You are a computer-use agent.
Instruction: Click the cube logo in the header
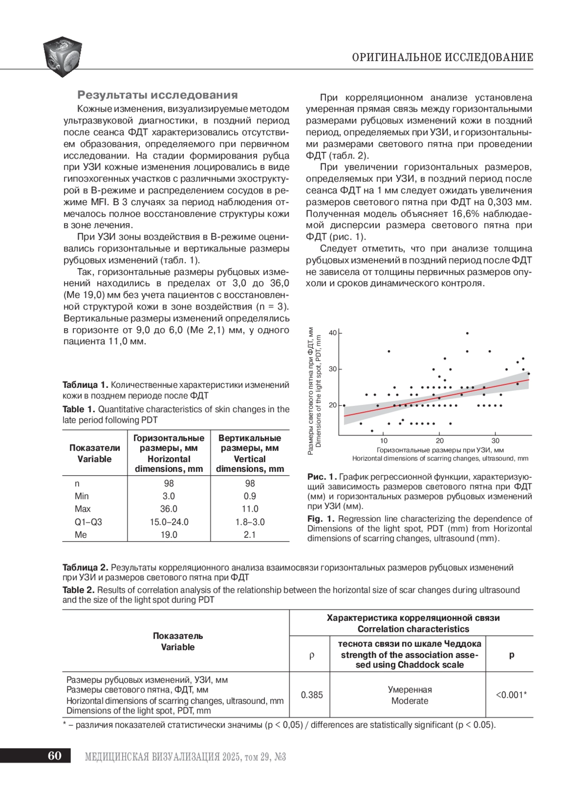click(x=62, y=56)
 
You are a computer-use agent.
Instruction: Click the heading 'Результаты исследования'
click(x=158, y=95)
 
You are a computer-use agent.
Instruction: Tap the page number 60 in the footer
click(x=55, y=756)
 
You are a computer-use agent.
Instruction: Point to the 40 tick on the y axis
click(x=333, y=333)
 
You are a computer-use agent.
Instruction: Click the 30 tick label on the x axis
click(x=495, y=441)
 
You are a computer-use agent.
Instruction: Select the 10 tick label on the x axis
click(x=384, y=441)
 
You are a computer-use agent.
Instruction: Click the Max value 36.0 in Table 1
click(x=169, y=509)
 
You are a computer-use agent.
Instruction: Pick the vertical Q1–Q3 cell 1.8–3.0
click(x=250, y=522)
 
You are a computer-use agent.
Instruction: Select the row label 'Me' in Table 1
click(x=81, y=534)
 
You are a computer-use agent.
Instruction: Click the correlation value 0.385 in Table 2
click(x=311, y=695)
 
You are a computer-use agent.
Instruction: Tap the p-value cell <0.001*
click(x=511, y=695)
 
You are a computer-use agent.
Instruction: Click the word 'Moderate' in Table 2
click(x=410, y=701)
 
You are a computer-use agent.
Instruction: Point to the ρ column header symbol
click(x=311, y=655)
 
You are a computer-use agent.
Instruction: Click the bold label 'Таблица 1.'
click(x=85, y=385)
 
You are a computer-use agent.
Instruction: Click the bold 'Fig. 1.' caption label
click(x=321, y=519)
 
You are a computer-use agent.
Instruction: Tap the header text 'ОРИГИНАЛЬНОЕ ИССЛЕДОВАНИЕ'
click(x=442, y=58)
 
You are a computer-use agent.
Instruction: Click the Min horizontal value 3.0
click(x=169, y=496)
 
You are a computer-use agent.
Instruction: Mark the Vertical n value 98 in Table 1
click(x=250, y=483)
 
